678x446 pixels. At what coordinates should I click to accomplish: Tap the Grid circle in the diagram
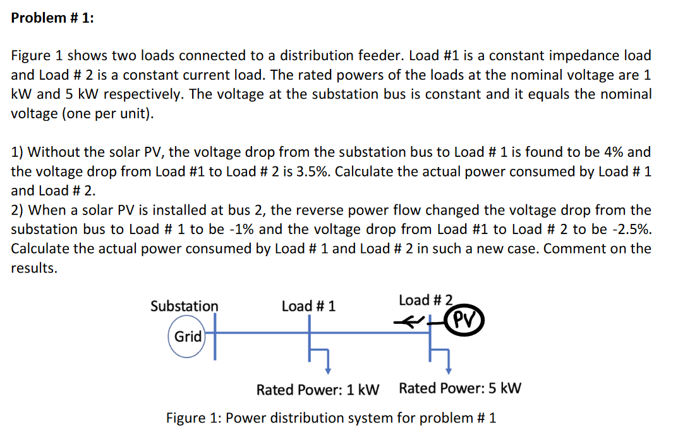click(188, 337)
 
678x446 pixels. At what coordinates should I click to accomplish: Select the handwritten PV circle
click(464, 319)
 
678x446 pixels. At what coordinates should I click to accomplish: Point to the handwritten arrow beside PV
click(408, 321)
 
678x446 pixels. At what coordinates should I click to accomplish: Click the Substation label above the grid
click(184, 306)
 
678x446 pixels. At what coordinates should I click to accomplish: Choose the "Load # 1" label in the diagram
click(308, 306)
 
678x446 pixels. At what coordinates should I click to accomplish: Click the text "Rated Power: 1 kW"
click(317, 389)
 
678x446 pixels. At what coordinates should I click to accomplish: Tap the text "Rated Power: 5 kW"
click(460, 388)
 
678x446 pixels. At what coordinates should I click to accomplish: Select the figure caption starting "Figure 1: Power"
click(330, 418)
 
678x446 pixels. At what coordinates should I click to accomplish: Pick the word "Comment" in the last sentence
click(569, 249)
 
